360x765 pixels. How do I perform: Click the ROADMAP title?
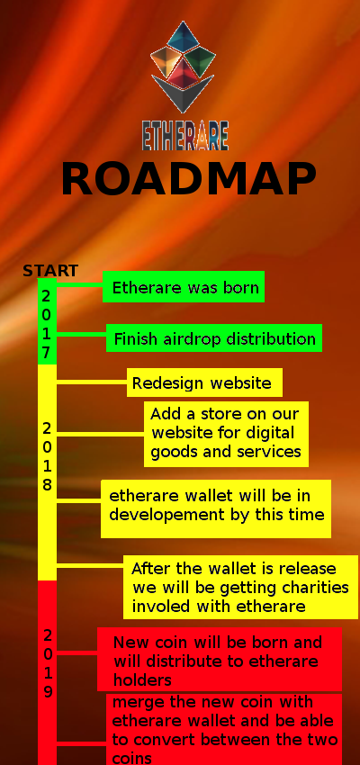[x=189, y=178]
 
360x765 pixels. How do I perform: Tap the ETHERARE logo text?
[x=185, y=136]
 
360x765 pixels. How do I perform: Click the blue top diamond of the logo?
[x=183, y=37]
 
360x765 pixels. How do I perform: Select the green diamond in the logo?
[x=201, y=60]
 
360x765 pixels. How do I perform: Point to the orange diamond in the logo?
[x=165, y=60]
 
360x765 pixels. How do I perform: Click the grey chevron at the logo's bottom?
[x=183, y=94]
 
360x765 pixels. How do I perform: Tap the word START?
[x=50, y=270]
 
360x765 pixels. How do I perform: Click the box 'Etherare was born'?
[x=184, y=287]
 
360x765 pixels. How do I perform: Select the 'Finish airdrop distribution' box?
[x=214, y=337]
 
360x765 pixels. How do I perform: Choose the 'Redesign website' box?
[x=204, y=382]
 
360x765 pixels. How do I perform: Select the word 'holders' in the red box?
[x=142, y=679]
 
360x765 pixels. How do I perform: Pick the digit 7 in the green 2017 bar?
[x=46, y=353]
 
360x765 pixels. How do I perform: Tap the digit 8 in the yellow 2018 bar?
[x=47, y=484]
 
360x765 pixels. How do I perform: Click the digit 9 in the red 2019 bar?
[x=48, y=692]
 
